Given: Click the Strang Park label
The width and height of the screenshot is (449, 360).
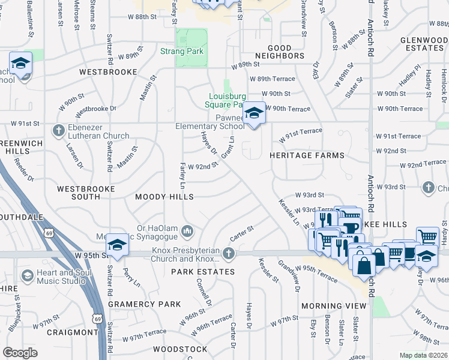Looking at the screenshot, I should [x=182, y=52].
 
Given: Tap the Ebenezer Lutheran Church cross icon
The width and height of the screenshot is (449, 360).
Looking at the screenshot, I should [x=58, y=130].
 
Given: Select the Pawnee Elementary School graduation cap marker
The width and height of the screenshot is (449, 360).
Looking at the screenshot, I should [x=254, y=113].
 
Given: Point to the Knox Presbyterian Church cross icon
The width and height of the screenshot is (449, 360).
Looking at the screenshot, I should [x=228, y=254].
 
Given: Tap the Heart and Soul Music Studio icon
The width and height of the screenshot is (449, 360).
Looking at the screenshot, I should [x=27, y=275].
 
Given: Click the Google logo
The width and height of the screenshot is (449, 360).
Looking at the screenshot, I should [x=20, y=353].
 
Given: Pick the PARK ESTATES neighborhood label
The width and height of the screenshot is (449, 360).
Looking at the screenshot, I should [x=202, y=272].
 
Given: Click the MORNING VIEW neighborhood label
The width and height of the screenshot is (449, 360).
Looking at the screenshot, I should [x=334, y=306].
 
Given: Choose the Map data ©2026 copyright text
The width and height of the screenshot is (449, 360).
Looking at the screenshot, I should [x=424, y=355].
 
